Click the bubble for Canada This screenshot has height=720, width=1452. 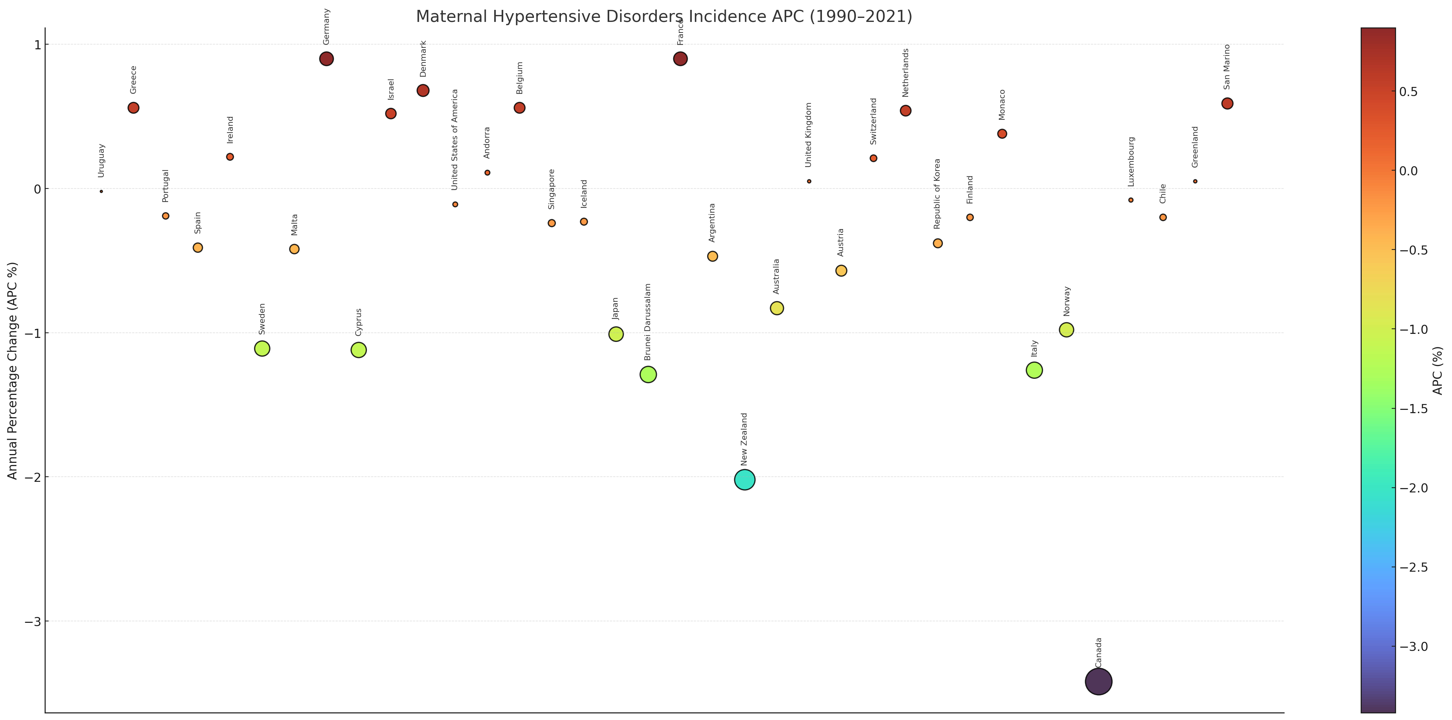(x=1098, y=682)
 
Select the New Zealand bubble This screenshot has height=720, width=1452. (x=744, y=480)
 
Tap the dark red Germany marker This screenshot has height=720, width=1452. (x=326, y=58)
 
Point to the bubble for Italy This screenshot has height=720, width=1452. (x=1034, y=370)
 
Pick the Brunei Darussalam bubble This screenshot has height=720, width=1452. (x=648, y=374)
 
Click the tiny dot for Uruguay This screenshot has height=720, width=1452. (x=102, y=191)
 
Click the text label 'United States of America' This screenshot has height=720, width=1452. (x=455, y=140)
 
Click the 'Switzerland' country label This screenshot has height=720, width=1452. (x=873, y=121)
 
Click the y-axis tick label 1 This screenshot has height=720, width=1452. (x=37, y=45)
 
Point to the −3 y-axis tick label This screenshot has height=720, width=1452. (x=33, y=621)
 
